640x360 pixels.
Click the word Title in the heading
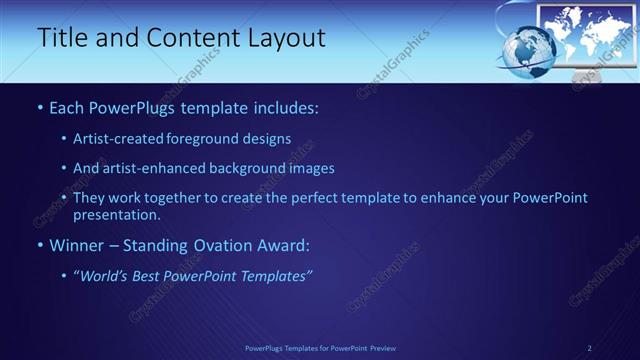[x=62, y=38]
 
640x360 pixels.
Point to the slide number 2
[x=589, y=347]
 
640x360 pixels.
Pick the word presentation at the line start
[x=116, y=214]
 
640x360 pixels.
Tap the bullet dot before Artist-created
[x=64, y=140]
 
